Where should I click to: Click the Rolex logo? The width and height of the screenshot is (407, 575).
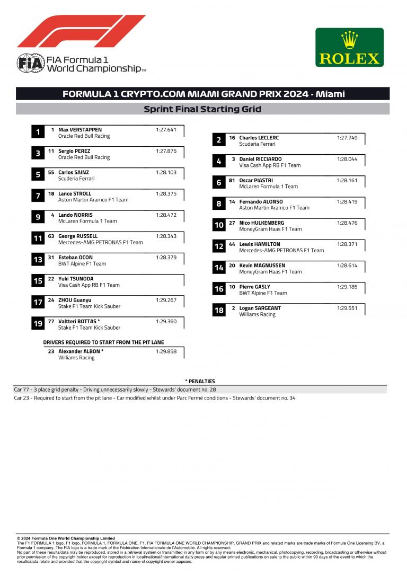(x=349, y=47)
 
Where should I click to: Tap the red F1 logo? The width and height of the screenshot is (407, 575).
(x=81, y=31)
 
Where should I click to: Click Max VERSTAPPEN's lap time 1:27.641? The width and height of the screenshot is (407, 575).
(x=166, y=130)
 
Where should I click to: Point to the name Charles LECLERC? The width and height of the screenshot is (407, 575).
(x=259, y=138)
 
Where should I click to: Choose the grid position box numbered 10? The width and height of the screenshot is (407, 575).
(x=219, y=225)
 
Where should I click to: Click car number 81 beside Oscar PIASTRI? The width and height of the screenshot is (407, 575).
(x=232, y=180)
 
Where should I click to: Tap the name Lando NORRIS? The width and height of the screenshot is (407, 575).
(x=75, y=215)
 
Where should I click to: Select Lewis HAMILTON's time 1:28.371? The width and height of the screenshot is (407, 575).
(x=347, y=244)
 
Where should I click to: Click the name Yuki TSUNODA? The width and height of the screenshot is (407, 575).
(x=76, y=279)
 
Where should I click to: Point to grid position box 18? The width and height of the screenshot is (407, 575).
(x=219, y=311)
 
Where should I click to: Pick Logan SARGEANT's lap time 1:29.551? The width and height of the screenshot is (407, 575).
(x=347, y=308)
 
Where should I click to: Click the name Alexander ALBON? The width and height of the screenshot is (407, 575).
(x=79, y=351)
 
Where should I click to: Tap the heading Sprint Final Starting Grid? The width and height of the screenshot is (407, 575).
(x=202, y=109)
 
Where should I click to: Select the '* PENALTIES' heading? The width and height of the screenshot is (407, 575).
(x=200, y=381)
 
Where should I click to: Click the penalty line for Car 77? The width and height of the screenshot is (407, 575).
(x=115, y=390)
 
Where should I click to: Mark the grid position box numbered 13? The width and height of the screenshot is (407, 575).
(x=38, y=260)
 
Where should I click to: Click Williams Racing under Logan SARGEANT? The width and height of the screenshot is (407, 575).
(x=257, y=314)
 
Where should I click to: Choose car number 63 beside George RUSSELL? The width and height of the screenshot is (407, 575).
(x=51, y=236)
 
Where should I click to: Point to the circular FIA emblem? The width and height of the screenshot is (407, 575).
(x=26, y=63)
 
